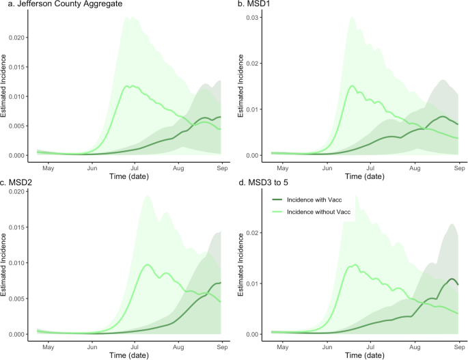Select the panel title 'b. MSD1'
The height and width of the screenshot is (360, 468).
[254, 5]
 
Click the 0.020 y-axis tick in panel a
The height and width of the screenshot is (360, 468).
[20, 37]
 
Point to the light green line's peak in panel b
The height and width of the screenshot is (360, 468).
[353, 86]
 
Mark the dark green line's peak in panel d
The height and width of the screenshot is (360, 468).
[452, 279]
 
